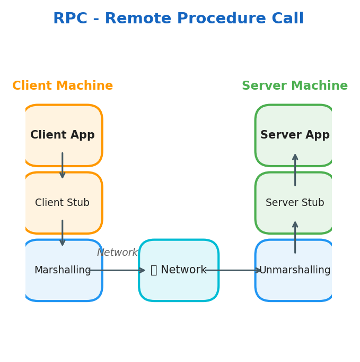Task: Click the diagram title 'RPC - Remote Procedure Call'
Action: click(178, 19)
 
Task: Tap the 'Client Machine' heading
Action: click(63, 86)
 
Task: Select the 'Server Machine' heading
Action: click(295, 86)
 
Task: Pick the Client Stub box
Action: click(63, 203)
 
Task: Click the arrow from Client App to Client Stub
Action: click(63, 166)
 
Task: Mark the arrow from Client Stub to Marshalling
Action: click(63, 233)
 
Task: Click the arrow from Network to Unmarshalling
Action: click(233, 270)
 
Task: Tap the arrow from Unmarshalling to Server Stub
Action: click(295, 237)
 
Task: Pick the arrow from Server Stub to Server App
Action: click(295, 170)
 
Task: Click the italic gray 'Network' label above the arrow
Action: click(117, 253)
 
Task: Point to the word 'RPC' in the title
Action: click(69, 19)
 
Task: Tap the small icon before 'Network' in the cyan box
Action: click(154, 270)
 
